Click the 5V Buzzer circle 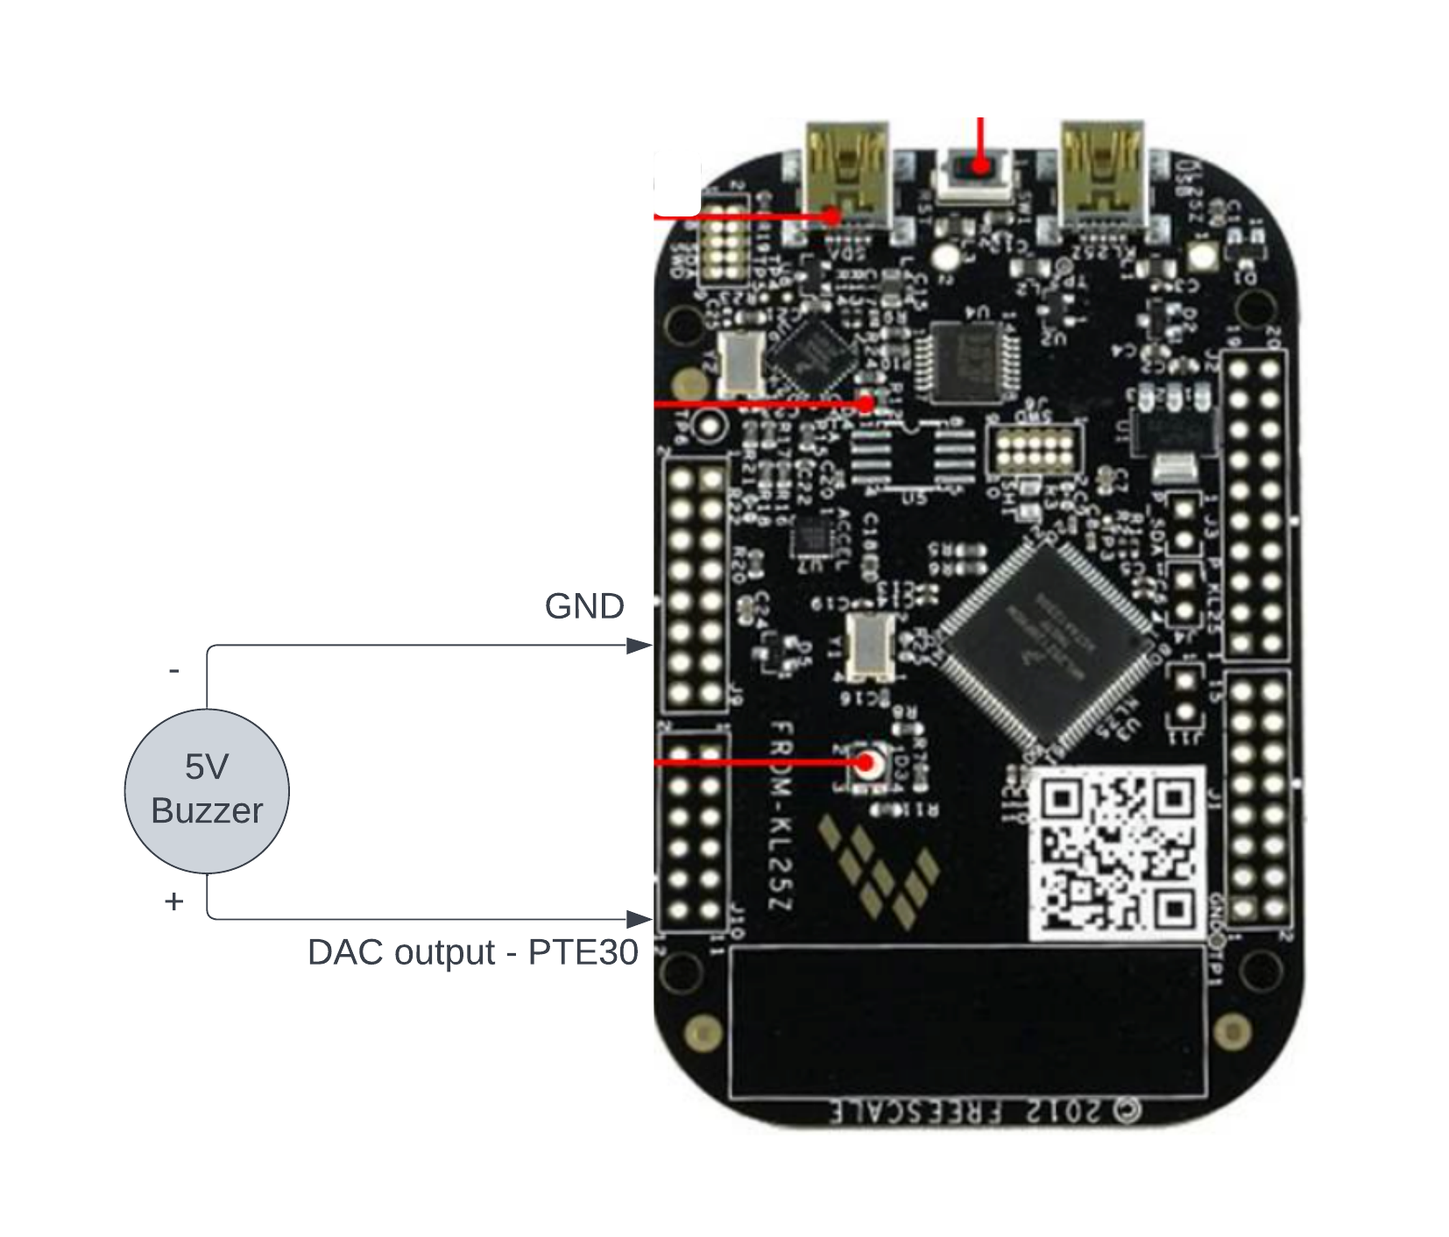pyautogui.click(x=207, y=790)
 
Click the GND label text pyautogui.click(x=584, y=606)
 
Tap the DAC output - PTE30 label pyautogui.click(x=472, y=952)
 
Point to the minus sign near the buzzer pyautogui.click(x=174, y=671)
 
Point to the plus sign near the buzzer pyautogui.click(x=173, y=901)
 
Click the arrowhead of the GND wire pyautogui.click(x=640, y=646)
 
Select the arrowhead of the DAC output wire pyautogui.click(x=640, y=919)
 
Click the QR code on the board pyautogui.click(x=1116, y=852)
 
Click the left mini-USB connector pyautogui.click(x=846, y=175)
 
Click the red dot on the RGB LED pyautogui.click(x=867, y=763)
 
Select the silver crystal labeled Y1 pyautogui.click(x=870, y=647)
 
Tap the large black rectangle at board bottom pyautogui.click(x=966, y=1021)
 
